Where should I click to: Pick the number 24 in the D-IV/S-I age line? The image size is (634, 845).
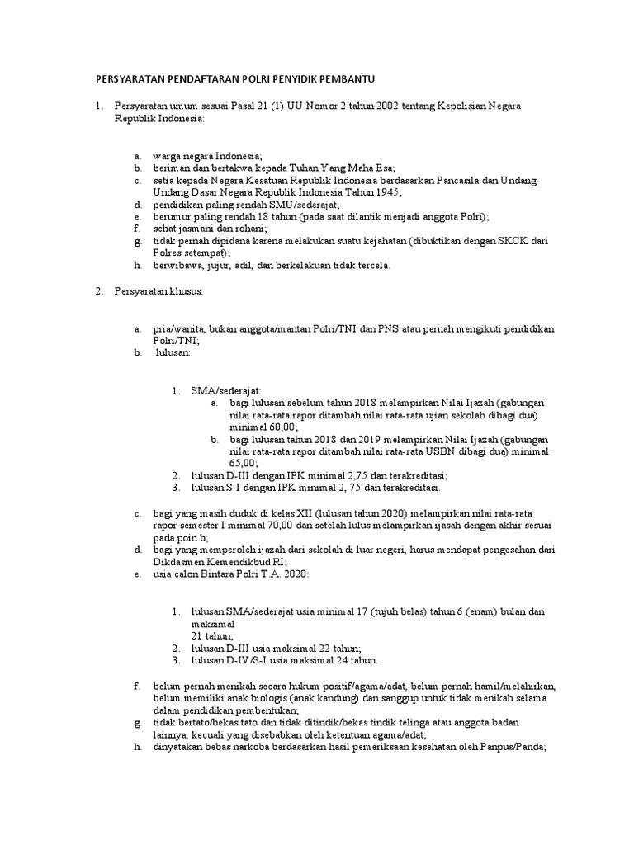tap(335, 660)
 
